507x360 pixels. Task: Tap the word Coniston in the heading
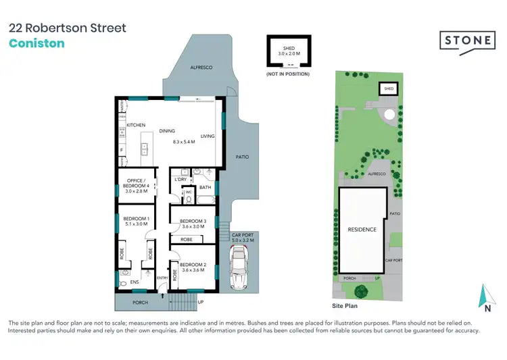37,44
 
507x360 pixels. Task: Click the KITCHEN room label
137,126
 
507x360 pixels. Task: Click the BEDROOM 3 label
193,222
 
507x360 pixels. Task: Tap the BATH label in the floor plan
206,187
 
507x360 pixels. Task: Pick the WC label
189,192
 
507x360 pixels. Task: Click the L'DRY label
180,178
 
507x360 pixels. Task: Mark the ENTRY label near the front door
162,278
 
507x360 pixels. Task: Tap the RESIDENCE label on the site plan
362,230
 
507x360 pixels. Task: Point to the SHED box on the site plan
389,88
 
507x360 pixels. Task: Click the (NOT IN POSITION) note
287,73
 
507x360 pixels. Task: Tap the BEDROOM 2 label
193,265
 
